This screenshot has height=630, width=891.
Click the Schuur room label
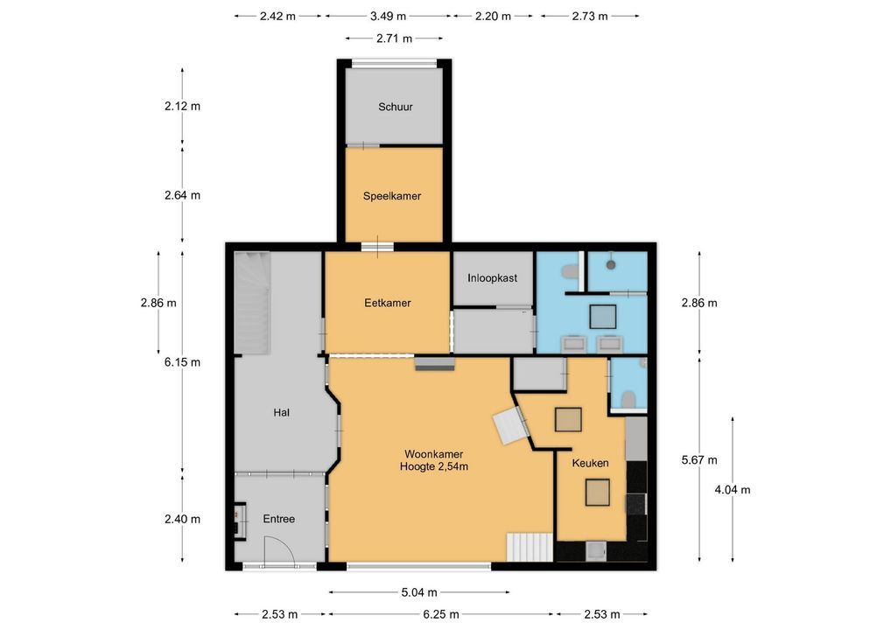pyautogui.click(x=396, y=107)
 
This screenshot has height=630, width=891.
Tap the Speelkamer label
pyautogui.click(x=392, y=196)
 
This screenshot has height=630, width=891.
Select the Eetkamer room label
pyautogui.click(x=388, y=303)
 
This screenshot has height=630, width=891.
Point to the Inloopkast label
pyautogui.click(x=492, y=277)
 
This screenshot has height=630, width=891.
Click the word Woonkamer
pyautogui.click(x=433, y=454)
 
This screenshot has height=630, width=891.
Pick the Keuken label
pyautogui.click(x=591, y=463)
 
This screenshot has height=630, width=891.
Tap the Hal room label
pyautogui.click(x=281, y=412)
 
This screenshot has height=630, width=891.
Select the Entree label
pyautogui.click(x=279, y=519)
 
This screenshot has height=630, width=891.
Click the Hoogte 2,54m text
pyautogui.click(x=434, y=467)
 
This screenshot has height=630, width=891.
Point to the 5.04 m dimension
pyautogui.click(x=419, y=592)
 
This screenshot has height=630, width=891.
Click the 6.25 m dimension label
pyautogui.click(x=441, y=614)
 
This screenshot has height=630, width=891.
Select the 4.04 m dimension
pyautogui.click(x=733, y=490)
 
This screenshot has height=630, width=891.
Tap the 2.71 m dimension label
pyautogui.click(x=395, y=38)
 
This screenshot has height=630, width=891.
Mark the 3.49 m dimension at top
pyautogui.click(x=388, y=16)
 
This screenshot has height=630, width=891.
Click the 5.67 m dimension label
pyautogui.click(x=699, y=460)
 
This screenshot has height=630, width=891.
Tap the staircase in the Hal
pyautogui.click(x=252, y=304)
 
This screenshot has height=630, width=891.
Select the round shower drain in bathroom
pyautogui.click(x=611, y=265)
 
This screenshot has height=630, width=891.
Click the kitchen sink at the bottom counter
pyautogui.click(x=596, y=551)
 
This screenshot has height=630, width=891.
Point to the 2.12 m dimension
pyautogui.click(x=182, y=106)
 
